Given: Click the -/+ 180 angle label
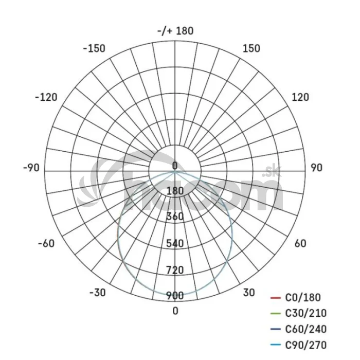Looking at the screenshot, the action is (x=175, y=31).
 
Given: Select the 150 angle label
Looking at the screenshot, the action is (x=251, y=48).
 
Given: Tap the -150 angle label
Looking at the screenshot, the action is (x=94, y=48).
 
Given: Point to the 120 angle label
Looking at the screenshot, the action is (x=300, y=97).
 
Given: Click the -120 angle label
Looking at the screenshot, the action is (x=46, y=97).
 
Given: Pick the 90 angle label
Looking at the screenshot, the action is (x=317, y=168).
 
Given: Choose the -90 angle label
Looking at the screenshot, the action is (x=31, y=168).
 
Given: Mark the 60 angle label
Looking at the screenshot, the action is (x=300, y=243).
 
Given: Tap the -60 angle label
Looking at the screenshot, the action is (x=46, y=243).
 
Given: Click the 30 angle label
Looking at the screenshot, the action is (x=249, y=293).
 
